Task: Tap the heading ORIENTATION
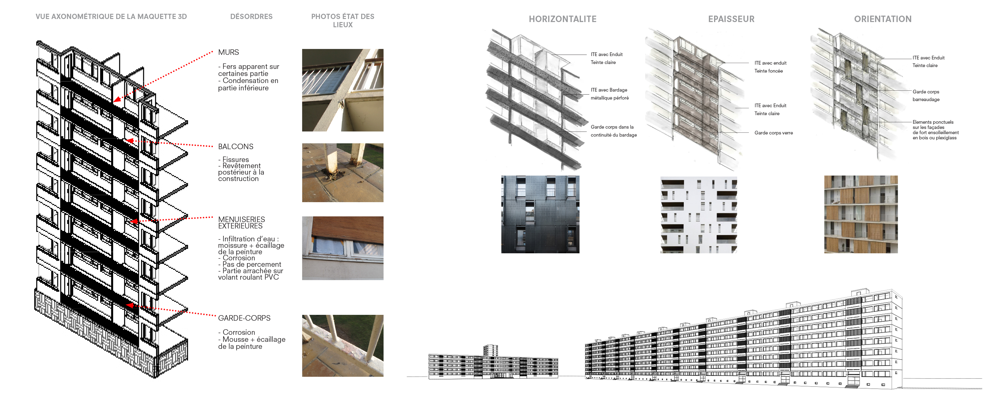pos(883,19)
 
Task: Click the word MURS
pos(228,52)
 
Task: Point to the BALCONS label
pos(235,147)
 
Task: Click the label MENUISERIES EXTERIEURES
pos(241,223)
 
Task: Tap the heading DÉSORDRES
pos(251,17)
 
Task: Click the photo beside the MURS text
pos(343,90)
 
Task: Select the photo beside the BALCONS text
pos(343,173)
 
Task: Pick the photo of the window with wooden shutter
pos(343,248)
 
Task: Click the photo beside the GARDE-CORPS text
pos(343,346)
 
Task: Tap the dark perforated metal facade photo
pos(540,215)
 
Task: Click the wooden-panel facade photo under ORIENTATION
pos(861,215)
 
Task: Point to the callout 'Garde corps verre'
pos(774,133)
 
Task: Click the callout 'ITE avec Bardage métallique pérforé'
pos(610,94)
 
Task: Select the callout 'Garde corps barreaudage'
pos(926,96)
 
